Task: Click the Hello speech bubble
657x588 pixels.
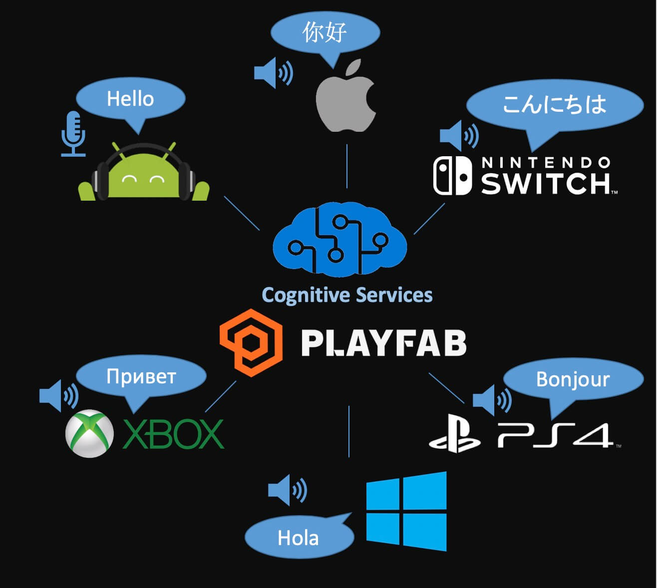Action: pyautogui.click(x=130, y=98)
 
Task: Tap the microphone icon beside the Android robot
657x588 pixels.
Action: pyautogui.click(x=73, y=132)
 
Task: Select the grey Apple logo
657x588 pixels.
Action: pyautogui.click(x=346, y=97)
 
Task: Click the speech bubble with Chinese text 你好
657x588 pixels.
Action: pyautogui.click(x=325, y=33)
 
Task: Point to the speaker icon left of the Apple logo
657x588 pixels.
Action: pyautogui.click(x=273, y=73)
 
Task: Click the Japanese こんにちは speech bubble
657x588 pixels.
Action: pyautogui.click(x=554, y=105)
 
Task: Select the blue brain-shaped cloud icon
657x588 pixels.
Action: pyautogui.click(x=339, y=240)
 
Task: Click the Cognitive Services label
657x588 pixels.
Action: pyautogui.click(x=347, y=295)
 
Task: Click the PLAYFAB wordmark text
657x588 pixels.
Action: pyautogui.click(x=383, y=343)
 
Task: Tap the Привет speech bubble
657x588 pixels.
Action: pyautogui.click(x=141, y=376)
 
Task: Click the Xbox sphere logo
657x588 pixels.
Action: pyautogui.click(x=89, y=434)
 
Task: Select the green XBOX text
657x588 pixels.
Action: pyautogui.click(x=173, y=434)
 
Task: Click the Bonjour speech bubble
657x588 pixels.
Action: pyautogui.click(x=573, y=379)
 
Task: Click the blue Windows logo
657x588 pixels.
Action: pyautogui.click(x=406, y=511)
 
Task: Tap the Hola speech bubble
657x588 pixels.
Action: pyautogui.click(x=299, y=538)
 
